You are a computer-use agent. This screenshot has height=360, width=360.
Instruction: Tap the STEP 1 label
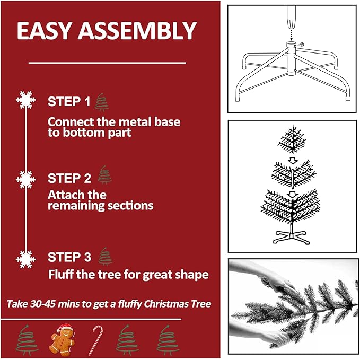[x=69, y=101]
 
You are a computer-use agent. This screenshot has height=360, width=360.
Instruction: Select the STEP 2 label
[x=69, y=178]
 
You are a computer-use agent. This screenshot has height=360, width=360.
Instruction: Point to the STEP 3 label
[x=69, y=257]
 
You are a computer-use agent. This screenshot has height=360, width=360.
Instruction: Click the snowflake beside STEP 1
[x=24, y=100]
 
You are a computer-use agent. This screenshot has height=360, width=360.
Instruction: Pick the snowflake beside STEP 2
[x=24, y=179]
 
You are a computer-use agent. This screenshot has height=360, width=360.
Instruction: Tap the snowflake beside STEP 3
[x=24, y=258]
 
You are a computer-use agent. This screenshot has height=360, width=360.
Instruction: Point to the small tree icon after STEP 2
[x=104, y=175]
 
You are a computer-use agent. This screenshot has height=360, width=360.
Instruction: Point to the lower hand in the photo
[x=270, y=335]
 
